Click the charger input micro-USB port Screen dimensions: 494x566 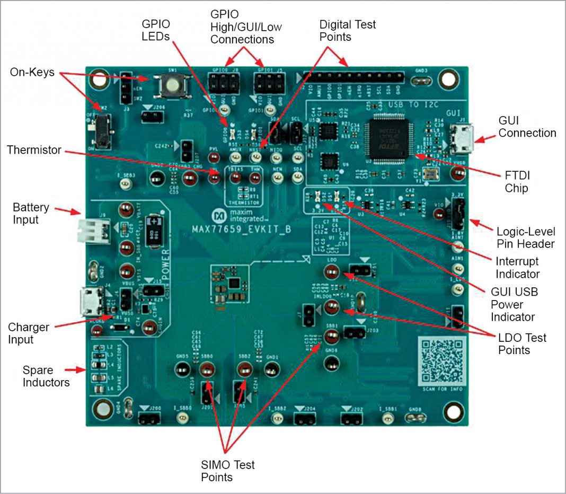point(86,301)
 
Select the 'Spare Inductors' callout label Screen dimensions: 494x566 point(46,376)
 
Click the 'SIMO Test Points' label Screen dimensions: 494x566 point(227,471)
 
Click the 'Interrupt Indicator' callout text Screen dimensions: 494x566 point(517,267)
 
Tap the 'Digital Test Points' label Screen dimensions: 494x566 point(348,30)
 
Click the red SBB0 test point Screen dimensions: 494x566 point(207,372)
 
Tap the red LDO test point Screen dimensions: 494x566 point(331,274)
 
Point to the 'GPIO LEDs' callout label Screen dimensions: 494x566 point(157,30)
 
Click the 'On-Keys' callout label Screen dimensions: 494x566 point(32,73)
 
